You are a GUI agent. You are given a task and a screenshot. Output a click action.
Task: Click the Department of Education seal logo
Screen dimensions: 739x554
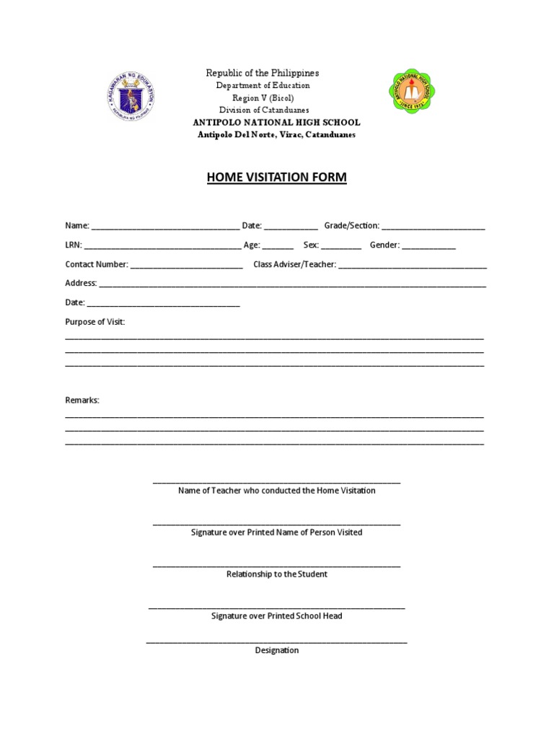[131, 97]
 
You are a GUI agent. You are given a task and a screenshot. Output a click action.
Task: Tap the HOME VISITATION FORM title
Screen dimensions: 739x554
[277, 178]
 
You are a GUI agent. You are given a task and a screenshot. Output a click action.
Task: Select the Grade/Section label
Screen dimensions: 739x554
[351, 226]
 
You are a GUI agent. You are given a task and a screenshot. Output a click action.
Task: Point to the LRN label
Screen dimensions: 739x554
[74, 245]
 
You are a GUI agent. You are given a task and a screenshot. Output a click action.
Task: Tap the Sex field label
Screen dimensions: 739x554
[311, 245]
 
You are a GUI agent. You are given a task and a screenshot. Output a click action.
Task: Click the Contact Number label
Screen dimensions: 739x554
[97, 265]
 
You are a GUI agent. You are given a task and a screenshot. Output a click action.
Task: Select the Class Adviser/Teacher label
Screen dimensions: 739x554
[295, 265]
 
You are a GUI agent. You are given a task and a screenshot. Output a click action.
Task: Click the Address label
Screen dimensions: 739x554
[81, 284]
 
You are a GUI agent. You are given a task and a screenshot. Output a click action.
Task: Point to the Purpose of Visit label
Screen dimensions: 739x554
[95, 322]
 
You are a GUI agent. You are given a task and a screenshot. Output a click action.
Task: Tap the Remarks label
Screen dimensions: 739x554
[82, 401]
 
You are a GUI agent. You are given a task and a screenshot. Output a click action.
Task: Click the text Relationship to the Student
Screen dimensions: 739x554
[277, 574]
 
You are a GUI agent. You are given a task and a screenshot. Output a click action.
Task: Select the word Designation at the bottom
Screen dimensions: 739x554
[277, 650]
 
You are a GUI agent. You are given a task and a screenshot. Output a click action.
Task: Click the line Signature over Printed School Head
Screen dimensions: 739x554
[277, 616]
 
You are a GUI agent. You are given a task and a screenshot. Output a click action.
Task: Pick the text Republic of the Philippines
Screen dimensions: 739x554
[263, 74]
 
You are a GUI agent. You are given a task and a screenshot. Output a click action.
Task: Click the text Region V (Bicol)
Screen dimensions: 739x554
[263, 98]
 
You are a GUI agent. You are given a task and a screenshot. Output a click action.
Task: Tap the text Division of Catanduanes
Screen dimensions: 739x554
[263, 110]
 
